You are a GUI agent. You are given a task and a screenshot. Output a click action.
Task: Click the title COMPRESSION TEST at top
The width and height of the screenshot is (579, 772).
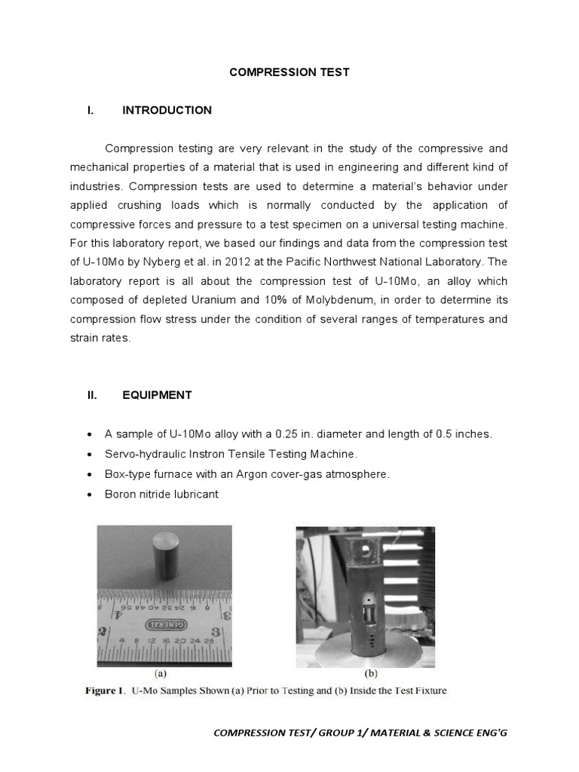289,72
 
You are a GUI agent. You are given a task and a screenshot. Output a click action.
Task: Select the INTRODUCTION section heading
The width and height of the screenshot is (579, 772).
167,110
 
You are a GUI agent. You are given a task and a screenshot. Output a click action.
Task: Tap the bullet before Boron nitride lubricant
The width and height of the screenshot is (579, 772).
90,494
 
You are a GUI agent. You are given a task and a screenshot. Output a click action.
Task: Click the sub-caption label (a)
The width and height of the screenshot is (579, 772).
161,675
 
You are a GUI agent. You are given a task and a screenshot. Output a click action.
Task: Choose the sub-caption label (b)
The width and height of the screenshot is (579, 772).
372,675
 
